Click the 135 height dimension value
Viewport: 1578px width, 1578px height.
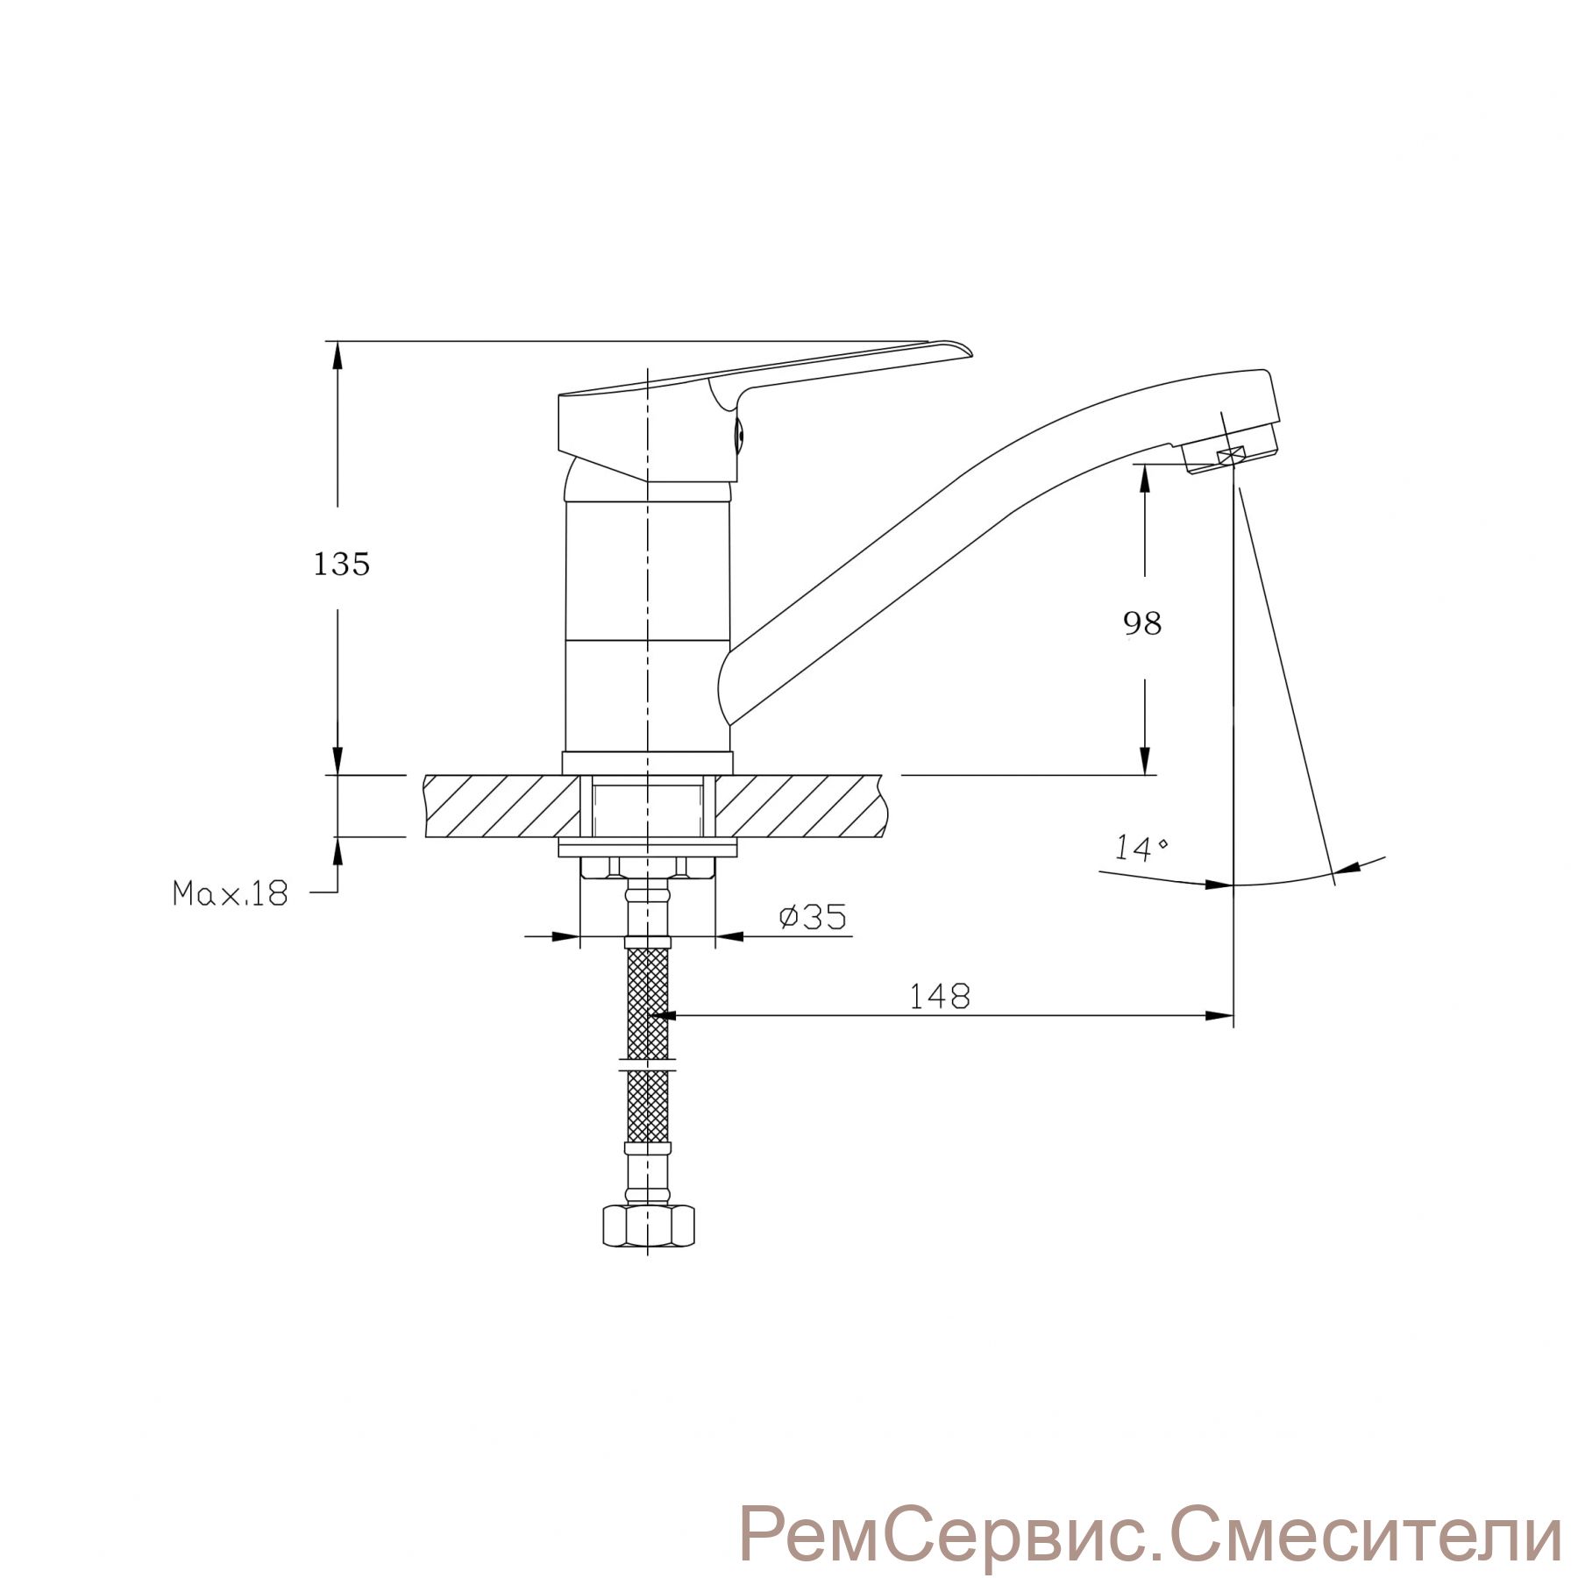(x=342, y=565)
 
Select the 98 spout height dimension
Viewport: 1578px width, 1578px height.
(x=1142, y=623)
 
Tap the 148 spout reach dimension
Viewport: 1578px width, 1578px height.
(x=940, y=996)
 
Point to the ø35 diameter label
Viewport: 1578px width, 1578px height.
(x=813, y=917)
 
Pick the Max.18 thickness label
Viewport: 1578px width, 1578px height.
(x=230, y=893)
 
